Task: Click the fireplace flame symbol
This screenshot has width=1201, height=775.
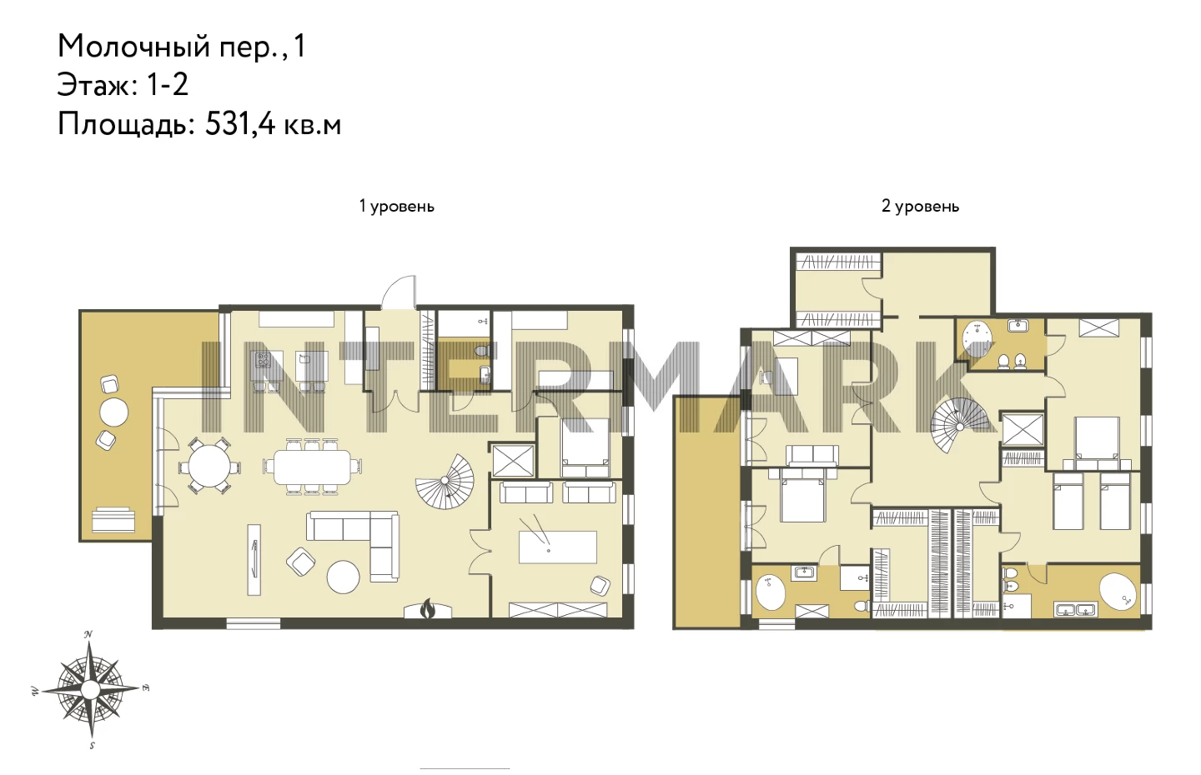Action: pos(427,609)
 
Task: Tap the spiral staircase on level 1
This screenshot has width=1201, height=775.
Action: pos(446,482)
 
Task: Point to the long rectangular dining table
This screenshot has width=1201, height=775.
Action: pos(313,466)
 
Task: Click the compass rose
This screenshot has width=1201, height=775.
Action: pos(90,689)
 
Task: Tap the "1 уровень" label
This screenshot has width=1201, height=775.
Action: pos(397,206)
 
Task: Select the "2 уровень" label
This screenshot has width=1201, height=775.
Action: pos(920,206)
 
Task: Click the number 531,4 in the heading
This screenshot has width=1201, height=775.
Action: pos(239,125)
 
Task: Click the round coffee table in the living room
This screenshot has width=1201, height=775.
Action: pos(343,577)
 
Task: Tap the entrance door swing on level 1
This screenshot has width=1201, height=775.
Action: pos(399,292)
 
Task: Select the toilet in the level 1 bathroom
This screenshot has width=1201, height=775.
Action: pos(483,351)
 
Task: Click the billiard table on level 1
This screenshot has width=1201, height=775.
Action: pos(558,547)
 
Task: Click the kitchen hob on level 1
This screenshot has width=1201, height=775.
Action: pos(263,359)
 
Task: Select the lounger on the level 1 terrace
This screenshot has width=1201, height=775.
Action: pos(113,519)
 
